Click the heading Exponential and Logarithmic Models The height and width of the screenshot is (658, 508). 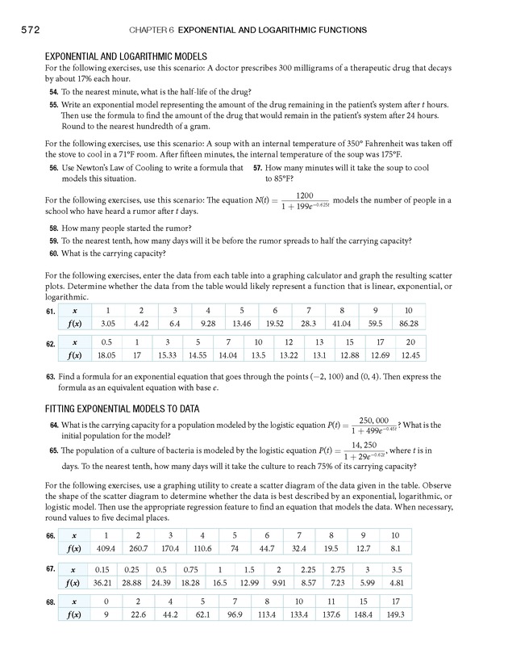point(127,57)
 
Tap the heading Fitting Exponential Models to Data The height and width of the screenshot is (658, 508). point(122,409)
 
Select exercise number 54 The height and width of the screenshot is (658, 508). point(54,94)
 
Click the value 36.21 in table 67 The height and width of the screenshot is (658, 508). point(102,582)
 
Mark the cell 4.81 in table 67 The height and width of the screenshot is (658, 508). point(396,582)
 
